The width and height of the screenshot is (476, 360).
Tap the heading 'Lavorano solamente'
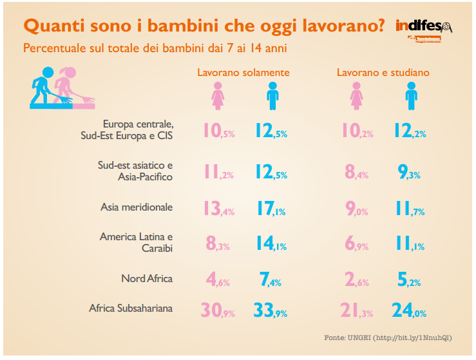(x=243, y=73)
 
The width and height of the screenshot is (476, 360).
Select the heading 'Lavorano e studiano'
(x=383, y=73)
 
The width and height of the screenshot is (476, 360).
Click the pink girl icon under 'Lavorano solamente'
(x=217, y=97)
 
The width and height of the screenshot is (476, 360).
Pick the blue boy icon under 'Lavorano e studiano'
(x=410, y=97)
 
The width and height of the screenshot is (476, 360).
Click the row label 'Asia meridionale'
(x=137, y=207)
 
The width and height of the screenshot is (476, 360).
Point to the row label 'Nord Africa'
(x=147, y=279)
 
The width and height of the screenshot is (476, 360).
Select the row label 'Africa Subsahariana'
(x=131, y=308)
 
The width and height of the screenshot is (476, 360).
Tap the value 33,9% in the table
(x=271, y=311)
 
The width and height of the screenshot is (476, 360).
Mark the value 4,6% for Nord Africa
(x=218, y=281)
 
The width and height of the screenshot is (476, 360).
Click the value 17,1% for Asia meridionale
(x=271, y=209)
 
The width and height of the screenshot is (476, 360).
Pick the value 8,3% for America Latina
(x=218, y=244)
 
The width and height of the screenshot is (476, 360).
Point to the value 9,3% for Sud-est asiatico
(x=409, y=172)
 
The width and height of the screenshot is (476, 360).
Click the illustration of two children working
(x=62, y=88)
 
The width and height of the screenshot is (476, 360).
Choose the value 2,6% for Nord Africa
(x=356, y=281)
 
